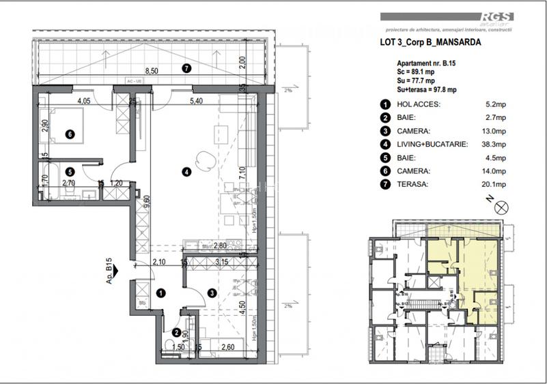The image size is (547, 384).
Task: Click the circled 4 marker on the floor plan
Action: tap(186, 172)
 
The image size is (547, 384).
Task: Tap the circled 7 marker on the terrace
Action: tap(186, 68)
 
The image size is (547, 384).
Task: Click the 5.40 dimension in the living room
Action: tap(195, 101)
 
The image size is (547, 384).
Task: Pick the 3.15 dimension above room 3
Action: tap(222, 261)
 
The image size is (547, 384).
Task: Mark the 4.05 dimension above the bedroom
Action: tap(83, 101)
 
